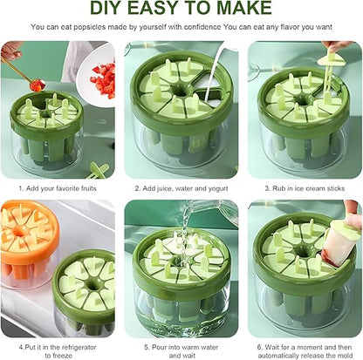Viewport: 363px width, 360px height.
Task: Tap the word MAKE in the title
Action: (x=244, y=8)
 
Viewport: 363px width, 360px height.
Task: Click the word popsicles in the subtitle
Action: (x=90, y=27)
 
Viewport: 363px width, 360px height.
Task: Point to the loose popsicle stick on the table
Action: (x=98, y=170)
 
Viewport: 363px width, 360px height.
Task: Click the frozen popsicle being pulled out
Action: (x=339, y=241)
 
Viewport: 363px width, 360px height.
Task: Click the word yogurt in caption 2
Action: (x=218, y=188)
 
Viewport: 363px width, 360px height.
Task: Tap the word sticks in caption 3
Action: (x=336, y=188)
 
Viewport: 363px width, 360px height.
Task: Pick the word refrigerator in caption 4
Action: (x=79, y=347)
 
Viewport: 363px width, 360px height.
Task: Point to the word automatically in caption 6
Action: (x=276, y=356)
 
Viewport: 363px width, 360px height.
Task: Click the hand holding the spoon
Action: (x=11, y=51)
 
